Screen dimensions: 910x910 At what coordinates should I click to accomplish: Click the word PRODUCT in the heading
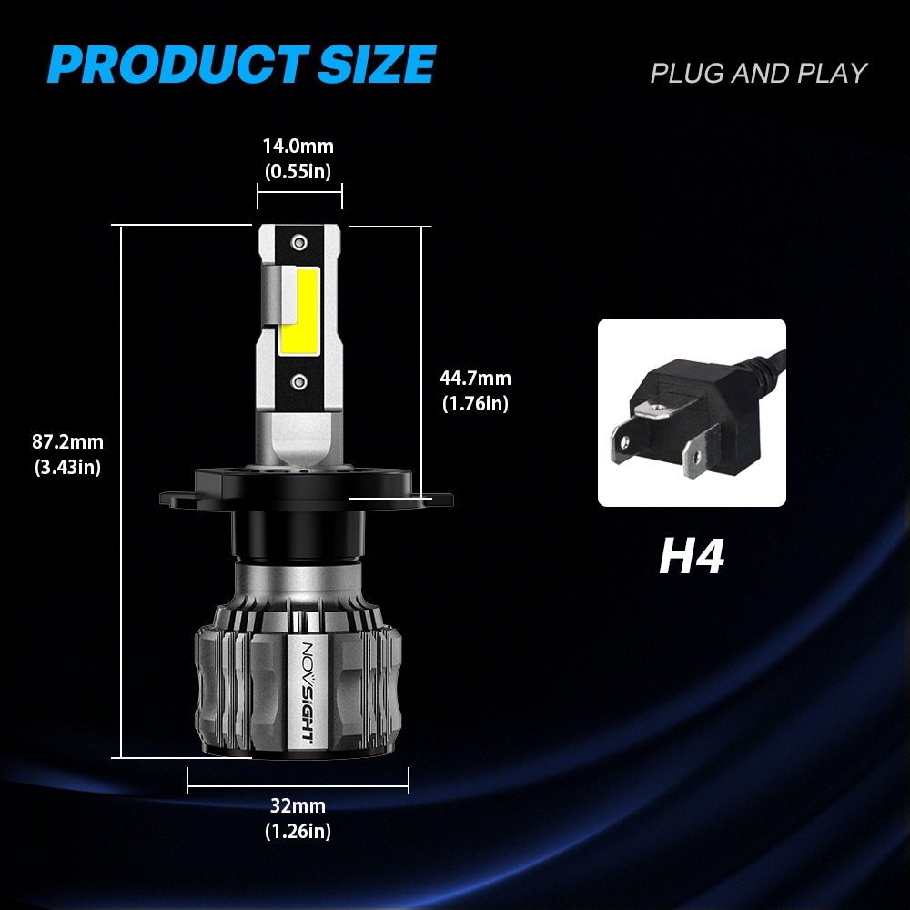click(178, 64)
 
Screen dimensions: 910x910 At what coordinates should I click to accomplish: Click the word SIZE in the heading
click(377, 64)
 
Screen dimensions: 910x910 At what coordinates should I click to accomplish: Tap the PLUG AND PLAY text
click(759, 73)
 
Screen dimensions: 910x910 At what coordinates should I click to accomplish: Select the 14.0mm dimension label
click(298, 146)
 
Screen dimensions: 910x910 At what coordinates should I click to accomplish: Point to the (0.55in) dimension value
click(298, 171)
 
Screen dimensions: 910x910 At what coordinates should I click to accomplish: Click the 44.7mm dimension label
click(475, 378)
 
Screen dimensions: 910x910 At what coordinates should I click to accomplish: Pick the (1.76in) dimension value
click(475, 403)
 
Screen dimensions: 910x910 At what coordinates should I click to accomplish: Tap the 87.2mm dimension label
click(68, 441)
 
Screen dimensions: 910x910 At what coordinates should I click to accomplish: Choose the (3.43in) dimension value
click(68, 467)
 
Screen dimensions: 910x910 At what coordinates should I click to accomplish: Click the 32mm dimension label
click(298, 805)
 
